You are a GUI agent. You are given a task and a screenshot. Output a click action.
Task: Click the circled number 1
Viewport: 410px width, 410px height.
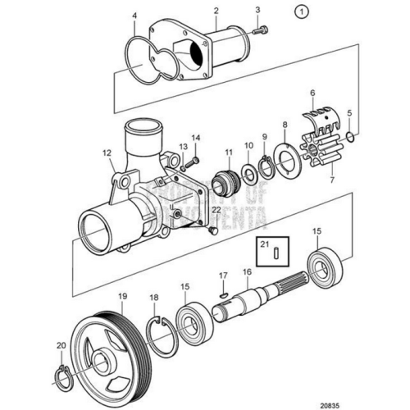pyautogui.click(x=302, y=12)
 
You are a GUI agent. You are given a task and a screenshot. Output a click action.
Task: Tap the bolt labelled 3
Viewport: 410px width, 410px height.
pyautogui.click(x=259, y=31)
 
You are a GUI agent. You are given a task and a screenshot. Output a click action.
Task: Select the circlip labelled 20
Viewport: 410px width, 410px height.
pyautogui.click(x=61, y=376)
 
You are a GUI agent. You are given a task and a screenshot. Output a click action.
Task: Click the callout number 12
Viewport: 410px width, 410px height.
pyautogui.click(x=106, y=152)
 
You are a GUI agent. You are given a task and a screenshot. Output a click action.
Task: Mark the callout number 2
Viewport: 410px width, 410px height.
pyautogui.click(x=216, y=11)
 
